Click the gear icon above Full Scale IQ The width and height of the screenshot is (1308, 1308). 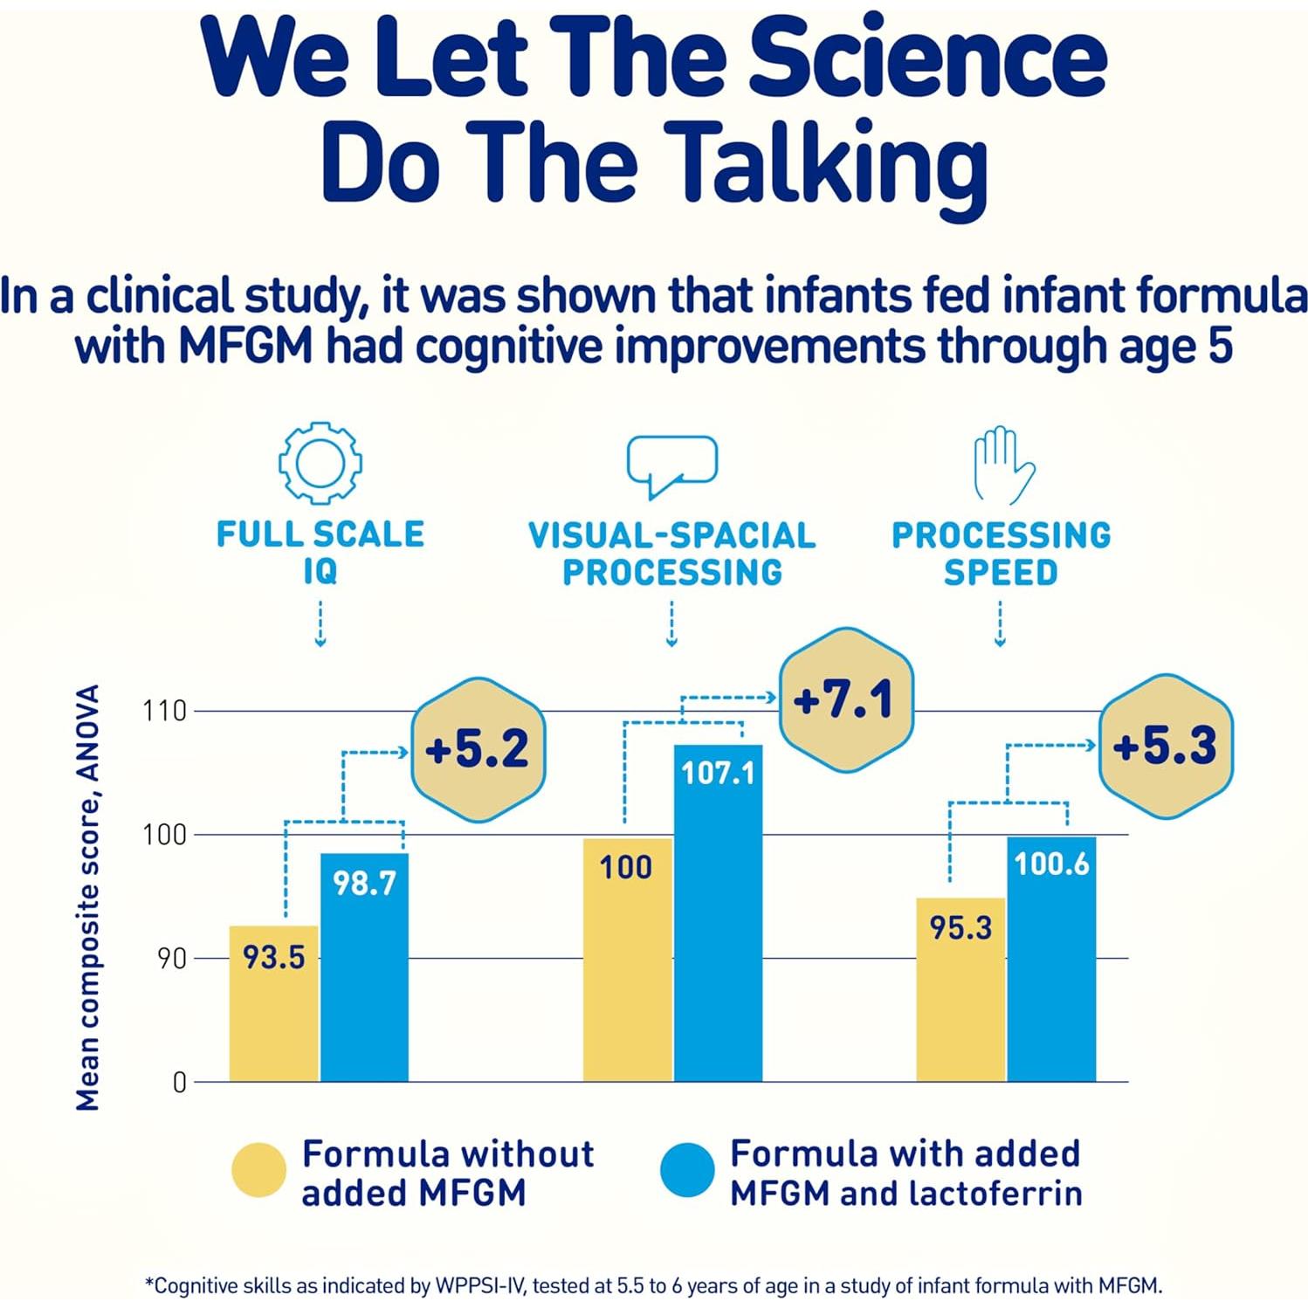320,463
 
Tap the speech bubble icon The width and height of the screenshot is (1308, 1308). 671,465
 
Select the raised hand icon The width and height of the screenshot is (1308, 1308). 1002,465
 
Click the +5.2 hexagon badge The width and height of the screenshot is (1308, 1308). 478,749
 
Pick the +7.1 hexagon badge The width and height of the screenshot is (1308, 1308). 845,699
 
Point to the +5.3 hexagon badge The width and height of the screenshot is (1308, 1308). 1165,746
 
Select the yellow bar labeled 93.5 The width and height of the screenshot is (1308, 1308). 273,1004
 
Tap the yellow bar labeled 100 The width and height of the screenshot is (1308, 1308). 627,960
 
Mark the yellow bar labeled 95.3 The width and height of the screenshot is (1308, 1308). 960,990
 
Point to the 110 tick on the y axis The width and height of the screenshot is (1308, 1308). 165,711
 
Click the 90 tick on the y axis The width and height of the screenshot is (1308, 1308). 172,959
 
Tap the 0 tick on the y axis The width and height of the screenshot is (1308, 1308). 180,1083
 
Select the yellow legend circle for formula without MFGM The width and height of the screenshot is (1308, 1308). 259,1170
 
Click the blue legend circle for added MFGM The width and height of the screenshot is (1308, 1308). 687,1170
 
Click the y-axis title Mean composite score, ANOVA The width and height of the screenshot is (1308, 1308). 87,897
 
